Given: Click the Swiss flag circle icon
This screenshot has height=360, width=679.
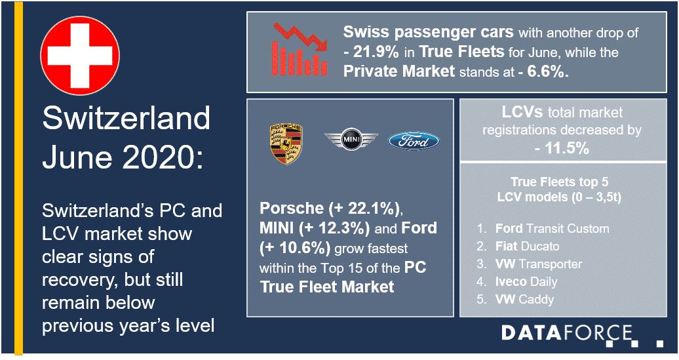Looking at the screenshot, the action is [80, 56].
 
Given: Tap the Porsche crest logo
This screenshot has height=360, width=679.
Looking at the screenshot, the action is [286, 144].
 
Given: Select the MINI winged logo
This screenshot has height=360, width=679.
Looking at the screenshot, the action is [351, 139].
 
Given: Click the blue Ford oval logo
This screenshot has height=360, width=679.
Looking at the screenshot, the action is [414, 142].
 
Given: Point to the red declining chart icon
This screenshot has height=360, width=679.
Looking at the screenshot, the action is [300, 49].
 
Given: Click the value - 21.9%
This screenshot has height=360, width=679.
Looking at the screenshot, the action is [371, 52].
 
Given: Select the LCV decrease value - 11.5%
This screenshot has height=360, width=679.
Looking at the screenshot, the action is [562, 149].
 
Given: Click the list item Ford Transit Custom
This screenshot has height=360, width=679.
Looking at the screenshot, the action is [552, 228].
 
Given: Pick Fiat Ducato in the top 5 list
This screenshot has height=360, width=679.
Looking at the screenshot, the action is [528, 246].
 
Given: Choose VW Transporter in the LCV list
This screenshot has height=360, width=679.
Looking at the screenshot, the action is [539, 264].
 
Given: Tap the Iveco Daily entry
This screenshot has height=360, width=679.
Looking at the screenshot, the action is [526, 281].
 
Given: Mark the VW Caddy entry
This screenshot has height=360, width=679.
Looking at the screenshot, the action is [524, 300].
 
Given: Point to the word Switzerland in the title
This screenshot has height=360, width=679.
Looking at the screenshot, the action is [126, 118].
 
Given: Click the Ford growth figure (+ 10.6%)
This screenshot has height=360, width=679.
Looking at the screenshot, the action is [295, 249].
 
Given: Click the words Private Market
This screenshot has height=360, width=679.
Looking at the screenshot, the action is [399, 71].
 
